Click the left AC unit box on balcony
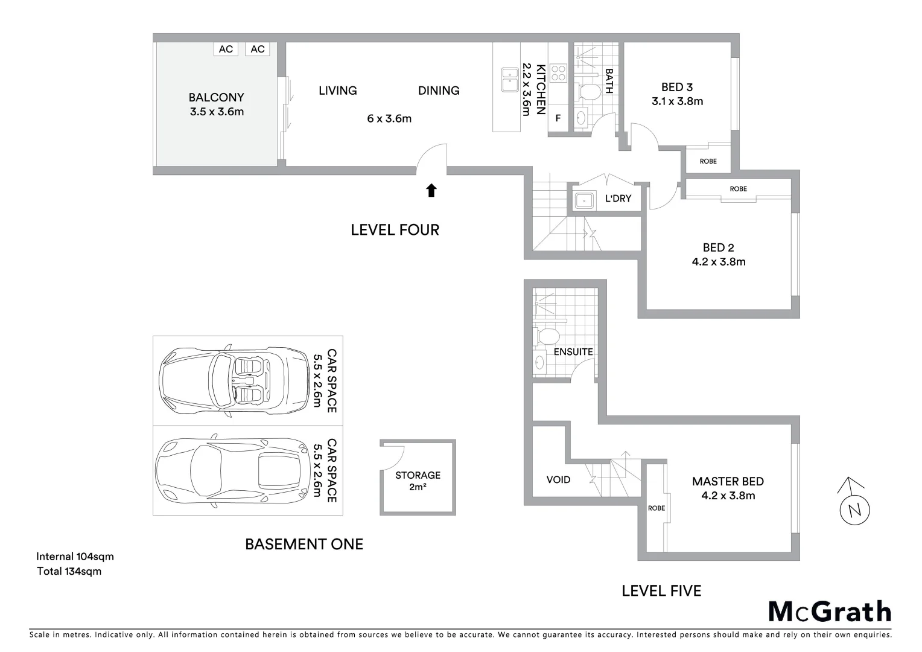pos(226,49)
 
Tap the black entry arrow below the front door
pos(431,191)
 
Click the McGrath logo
pos(829,612)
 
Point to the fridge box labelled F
pos(558,118)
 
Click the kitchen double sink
pos(510,80)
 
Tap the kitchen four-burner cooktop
pos(558,73)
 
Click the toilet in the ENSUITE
pos(548,335)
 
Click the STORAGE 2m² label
pos(418,481)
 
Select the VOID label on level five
pos(558,480)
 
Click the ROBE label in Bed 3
pos(708,161)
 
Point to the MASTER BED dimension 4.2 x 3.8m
pos(728,496)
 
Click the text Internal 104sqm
pos(75,557)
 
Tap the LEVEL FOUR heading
pos(395,229)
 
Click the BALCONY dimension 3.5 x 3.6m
pos(217,112)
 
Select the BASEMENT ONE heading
pos(304,544)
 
